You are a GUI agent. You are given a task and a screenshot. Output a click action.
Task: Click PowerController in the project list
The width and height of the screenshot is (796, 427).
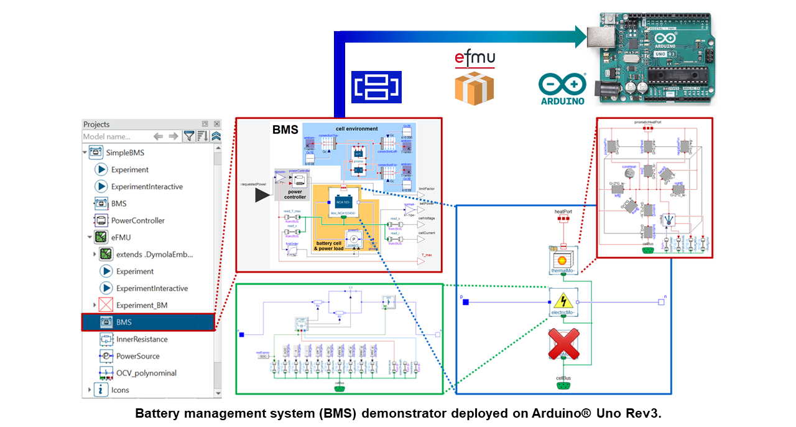[x=137, y=220]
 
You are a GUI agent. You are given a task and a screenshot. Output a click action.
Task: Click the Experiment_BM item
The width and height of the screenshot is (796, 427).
[x=141, y=305]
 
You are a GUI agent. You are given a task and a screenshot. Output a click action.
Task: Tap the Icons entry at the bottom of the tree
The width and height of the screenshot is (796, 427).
[x=120, y=390]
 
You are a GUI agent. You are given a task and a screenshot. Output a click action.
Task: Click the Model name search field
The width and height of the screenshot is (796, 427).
[x=115, y=136]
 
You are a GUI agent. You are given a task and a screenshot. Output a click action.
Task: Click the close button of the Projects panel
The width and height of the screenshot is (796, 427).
[x=216, y=124]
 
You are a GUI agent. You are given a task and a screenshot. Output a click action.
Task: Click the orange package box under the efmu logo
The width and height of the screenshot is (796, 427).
[x=474, y=88]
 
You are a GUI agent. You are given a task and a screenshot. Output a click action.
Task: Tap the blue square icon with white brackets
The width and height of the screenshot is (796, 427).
[x=377, y=87]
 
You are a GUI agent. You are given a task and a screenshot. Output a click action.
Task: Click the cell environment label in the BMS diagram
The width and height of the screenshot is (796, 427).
[x=356, y=129]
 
